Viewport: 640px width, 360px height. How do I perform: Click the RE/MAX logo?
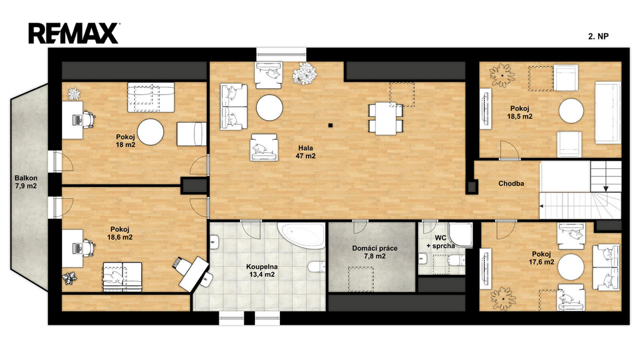pyautogui.click(x=74, y=34)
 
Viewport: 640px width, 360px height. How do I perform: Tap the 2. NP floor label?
pyautogui.click(x=598, y=36)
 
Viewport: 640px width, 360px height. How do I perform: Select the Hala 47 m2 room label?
pyautogui.click(x=306, y=152)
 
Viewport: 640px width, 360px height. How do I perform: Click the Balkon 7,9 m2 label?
pyautogui.click(x=26, y=182)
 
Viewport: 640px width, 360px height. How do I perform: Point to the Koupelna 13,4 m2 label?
pyautogui.click(x=262, y=271)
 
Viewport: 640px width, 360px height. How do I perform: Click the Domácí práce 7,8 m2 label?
pyautogui.click(x=375, y=252)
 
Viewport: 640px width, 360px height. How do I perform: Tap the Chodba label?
pyautogui.click(x=511, y=184)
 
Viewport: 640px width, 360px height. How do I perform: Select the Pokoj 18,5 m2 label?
pyautogui.click(x=519, y=112)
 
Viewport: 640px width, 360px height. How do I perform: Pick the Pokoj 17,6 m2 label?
pyautogui.click(x=541, y=258)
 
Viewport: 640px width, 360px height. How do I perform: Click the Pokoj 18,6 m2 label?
pyautogui.click(x=119, y=234)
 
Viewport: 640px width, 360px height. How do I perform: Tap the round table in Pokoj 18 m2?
pyautogui.click(x=150, y=132)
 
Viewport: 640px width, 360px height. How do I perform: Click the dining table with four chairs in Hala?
pyautogui.click(x=386, y=118)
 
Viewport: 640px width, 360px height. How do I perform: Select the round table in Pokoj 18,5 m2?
pyautogui.click(x=571, y=111)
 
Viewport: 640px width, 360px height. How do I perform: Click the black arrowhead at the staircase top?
pyautogui.click(x=606, y=189)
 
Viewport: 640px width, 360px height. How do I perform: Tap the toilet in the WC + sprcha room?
pyautogui.click(x=456, y=259)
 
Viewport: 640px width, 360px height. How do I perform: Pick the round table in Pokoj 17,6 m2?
pyautogui.click(x=571, y=266)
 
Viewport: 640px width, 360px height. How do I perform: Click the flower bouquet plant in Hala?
pyautogui.click(x=304, y=73)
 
